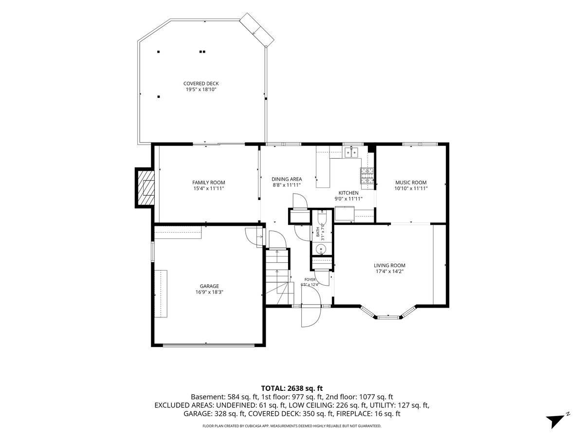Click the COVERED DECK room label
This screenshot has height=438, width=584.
(x=201, y=84)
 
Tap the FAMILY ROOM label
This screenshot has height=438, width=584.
(x=209, y=182)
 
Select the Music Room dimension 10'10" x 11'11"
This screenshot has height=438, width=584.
(x=411, y=188)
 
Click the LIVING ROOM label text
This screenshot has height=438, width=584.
(x=389, y=265)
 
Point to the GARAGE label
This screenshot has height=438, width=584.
(x=209, y=286)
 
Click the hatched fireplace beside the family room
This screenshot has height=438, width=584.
(x=146, y=187)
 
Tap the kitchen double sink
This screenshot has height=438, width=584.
(x=351, y=152)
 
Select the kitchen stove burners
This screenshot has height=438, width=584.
(x=367, y=176)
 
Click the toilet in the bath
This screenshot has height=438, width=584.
(x=322, y=217)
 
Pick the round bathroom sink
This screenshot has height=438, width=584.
(x=321, y=250)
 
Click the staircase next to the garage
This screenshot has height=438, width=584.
(x=278, y=276)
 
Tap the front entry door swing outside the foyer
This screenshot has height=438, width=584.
(x=311, y=317)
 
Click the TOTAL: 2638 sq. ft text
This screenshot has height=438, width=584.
(x=292, y=388)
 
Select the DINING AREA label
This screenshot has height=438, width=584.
(x=287, y=179)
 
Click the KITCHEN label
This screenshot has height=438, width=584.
(x=348, y=193)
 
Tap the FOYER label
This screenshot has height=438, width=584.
(x=310, y=279)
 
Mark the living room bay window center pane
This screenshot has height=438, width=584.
(x=388, y=317)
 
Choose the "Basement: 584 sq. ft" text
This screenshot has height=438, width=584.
(x=224, y=397)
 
